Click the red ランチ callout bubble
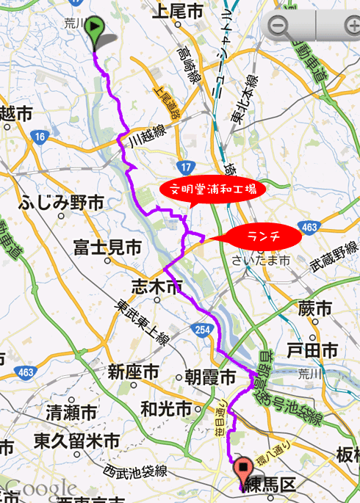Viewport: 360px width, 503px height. click(x=263, y=236)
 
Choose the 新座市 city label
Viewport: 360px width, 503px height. click(x=133, y=372)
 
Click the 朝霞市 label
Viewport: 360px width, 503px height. click(x=210, y=377)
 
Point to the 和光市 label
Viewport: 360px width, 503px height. click(x=166, y=408)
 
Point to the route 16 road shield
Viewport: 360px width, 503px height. click(x=40, y=137)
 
